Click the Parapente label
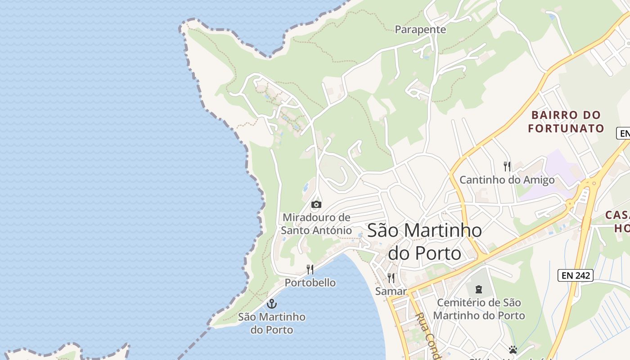[420, 30]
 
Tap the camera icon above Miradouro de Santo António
[316, 204]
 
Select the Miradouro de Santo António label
[316, 224]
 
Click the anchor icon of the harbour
[271, 303]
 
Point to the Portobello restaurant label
[310, 283]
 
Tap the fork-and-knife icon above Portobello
[310, 270]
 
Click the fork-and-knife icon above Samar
[391, 278]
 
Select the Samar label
[391, 291]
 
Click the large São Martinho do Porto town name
[424, 242]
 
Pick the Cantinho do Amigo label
[507, 180]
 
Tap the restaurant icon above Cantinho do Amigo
[507, 166]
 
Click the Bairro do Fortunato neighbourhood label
[566, 121]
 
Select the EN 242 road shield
[576, 275]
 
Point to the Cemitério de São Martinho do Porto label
[479, 309]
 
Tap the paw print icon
[513, 349]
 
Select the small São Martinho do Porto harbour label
[271, 323]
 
